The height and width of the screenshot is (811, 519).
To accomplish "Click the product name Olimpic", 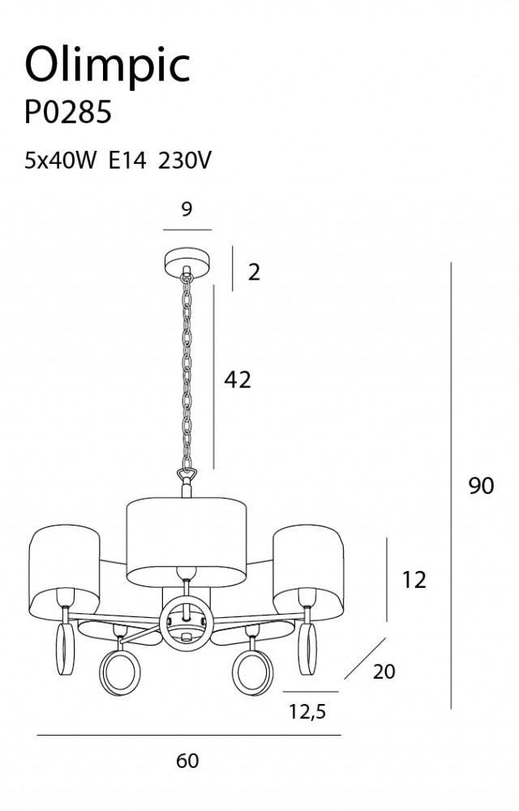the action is pyautogui.click(x=108, y=66).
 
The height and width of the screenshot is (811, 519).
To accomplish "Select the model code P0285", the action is pyautogui.click(x=68, y=112).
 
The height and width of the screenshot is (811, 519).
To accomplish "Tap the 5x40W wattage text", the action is pyautogui.click(x=61, y=161).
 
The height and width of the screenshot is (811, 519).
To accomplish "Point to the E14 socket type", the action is pyautogui.click(x=127, y=161).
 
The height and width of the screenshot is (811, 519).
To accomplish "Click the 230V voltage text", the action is pyautogui.click(x=185, y=161).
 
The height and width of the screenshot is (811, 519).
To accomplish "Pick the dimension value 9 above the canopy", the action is pyautogui.click(x=187, y=209).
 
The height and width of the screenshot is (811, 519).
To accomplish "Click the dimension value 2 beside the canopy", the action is pyautogui.click(x=254, y=272).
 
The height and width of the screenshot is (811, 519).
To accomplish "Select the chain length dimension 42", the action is pyautogui.click(x=238, y=380).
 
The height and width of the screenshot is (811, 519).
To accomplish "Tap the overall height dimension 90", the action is pyautogui.click(x=481, y=486).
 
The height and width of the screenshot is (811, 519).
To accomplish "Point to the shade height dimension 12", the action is pyautogui.click(x=414, y=580).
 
